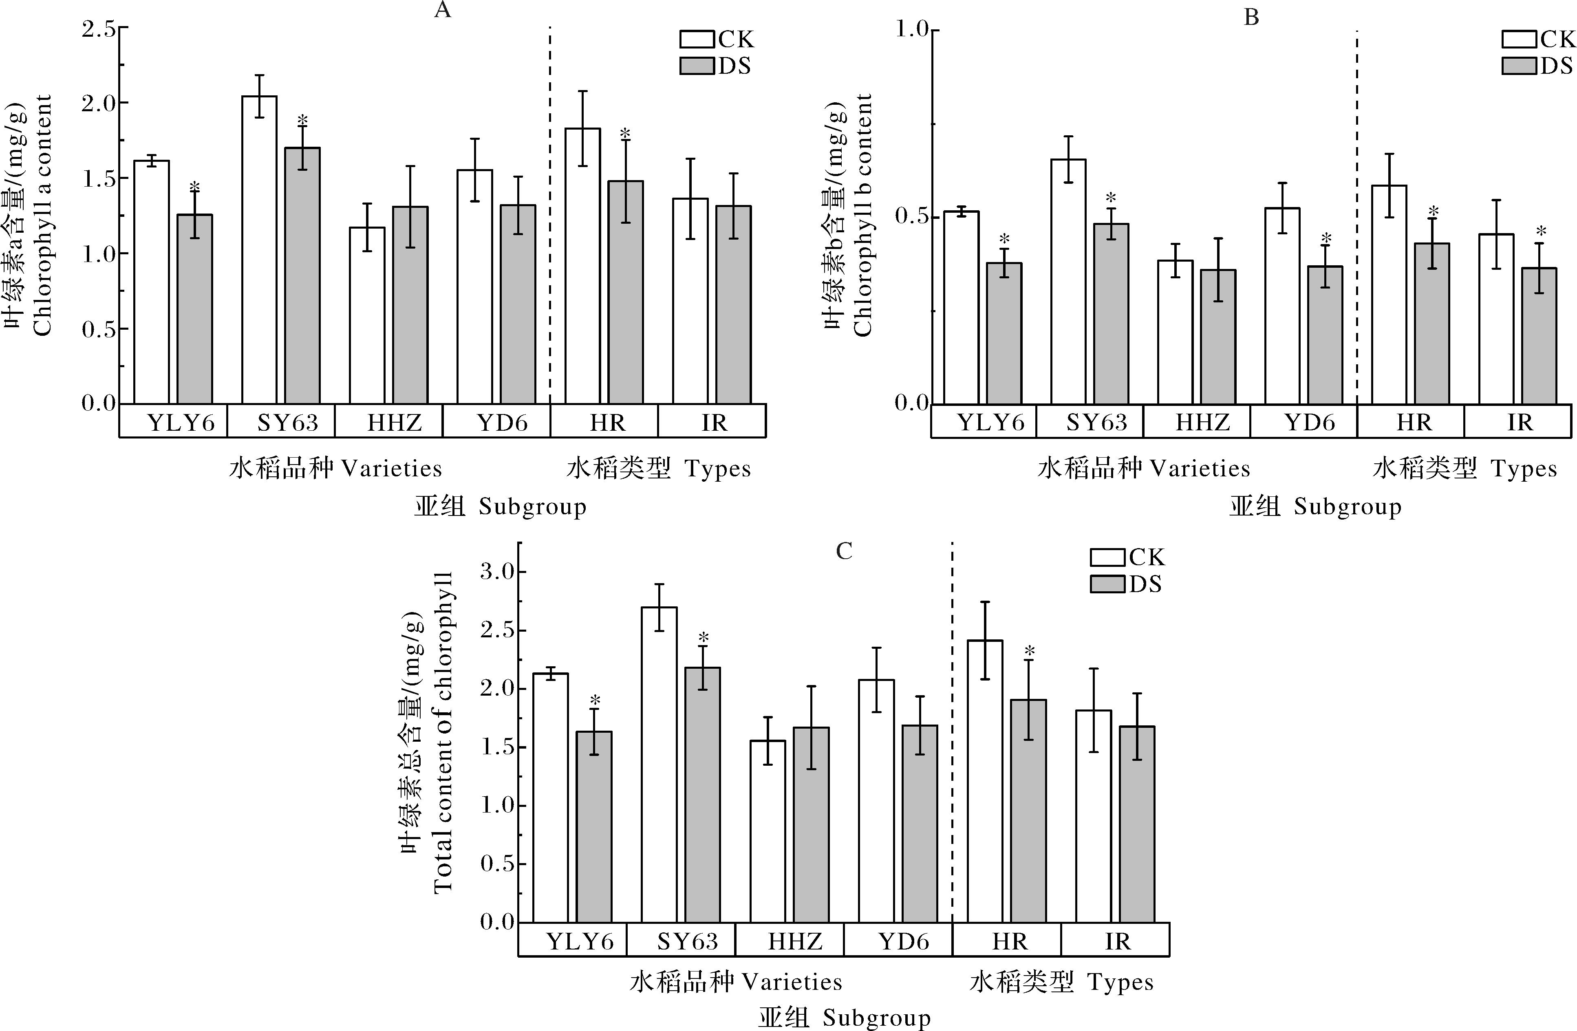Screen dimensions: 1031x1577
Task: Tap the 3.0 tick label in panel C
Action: coord(497,572)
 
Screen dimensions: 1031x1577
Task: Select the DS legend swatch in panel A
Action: coord(697,66)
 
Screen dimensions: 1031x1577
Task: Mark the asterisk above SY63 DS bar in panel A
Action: coord(302,121)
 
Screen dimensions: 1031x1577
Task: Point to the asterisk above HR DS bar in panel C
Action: coord(1029,651)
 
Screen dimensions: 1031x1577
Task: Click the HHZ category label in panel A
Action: coord(395,423)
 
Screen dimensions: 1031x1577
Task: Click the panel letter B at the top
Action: coord(1251,17)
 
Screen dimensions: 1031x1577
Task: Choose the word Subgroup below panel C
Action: coord(877,1018)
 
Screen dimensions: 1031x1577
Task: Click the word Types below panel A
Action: coord(718,469)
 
